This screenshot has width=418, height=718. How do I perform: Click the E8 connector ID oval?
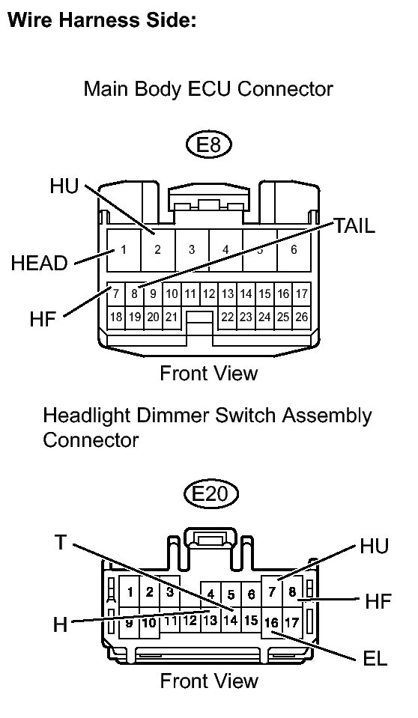(209, 145)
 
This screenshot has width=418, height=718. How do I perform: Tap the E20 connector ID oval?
(211, 494)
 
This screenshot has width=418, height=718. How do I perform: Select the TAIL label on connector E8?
(354, 225)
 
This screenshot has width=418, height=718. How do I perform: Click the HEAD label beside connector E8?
(40, 264)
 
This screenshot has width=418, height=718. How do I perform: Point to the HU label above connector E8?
(64, 186)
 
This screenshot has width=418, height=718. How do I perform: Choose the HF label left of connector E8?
(43, 319)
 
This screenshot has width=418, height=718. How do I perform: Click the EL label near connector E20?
(375, 659)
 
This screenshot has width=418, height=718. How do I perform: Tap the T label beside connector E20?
(61, 542)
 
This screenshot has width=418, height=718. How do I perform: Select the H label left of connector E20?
(60, 624)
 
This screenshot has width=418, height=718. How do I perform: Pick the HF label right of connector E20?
(378, 601)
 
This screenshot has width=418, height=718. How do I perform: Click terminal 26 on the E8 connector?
(302, 317)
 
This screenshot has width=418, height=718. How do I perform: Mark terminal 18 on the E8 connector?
(116, 317)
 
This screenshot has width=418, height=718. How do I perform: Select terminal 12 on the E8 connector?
(209, 293)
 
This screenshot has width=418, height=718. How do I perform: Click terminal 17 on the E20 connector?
(291, 623)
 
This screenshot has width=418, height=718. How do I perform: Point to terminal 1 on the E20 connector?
(130, 592)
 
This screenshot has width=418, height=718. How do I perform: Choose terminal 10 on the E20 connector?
(149, 623)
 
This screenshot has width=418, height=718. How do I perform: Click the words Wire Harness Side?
(103, 19)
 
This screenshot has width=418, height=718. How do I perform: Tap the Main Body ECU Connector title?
(208, 88)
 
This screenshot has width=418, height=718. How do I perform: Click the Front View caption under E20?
(209, 681)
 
